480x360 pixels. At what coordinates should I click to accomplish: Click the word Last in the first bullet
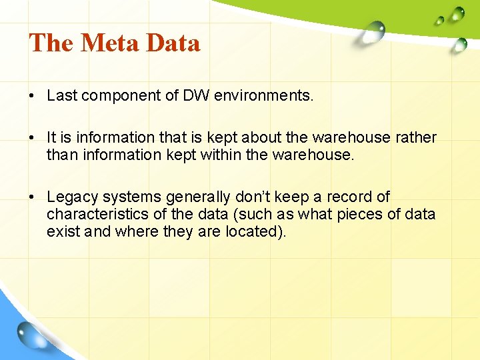[x=62, y=95]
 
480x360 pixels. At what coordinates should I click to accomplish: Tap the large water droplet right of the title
[x=374, y=31]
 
